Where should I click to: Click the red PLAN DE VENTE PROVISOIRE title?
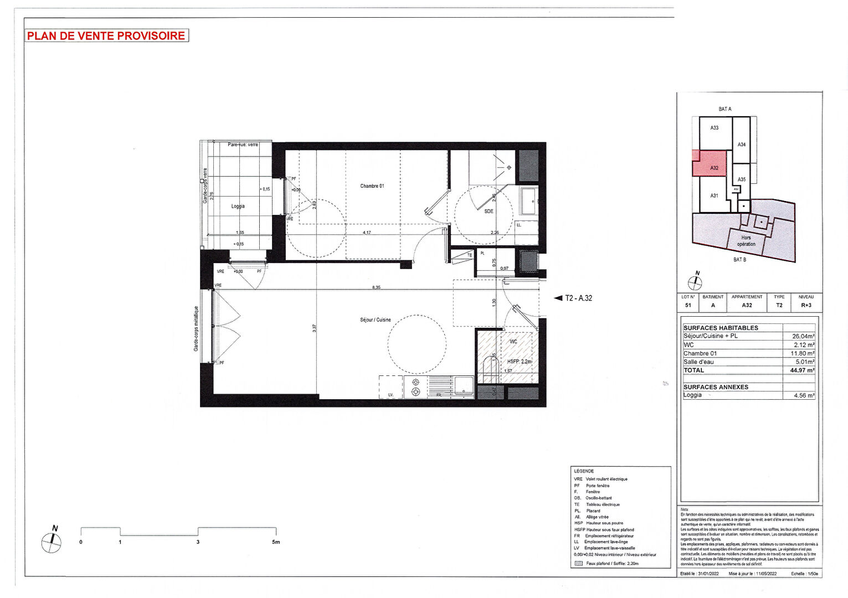[106, 36]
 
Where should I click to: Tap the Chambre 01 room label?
[372, 186]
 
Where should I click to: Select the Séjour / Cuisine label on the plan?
[375, 320]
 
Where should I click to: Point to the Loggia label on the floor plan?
[238, 206]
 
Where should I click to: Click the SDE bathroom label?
[489, 212]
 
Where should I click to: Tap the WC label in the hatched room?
[513, 342]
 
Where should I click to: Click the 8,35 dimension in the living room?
[376, 287]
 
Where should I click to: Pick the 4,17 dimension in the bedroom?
[367, 233]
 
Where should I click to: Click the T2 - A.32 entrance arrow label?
[578, 298]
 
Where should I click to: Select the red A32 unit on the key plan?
[714, 168]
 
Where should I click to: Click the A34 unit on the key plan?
[741, 145]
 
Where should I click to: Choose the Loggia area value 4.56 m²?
[804, 396]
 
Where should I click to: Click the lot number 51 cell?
[688, 305]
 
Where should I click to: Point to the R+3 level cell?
[806, 305]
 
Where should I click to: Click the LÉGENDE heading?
[584, 471]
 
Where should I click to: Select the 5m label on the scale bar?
[276, 542]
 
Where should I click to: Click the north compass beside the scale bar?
[52, 542]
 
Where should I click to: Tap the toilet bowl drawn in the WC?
[490, 367]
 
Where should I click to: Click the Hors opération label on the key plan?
[746, 241]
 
